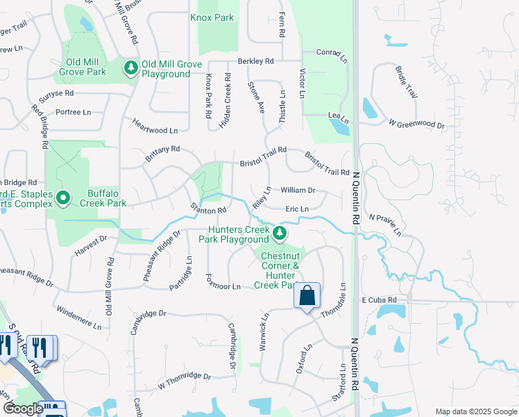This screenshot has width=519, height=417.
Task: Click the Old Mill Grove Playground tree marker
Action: [x=130, y=67]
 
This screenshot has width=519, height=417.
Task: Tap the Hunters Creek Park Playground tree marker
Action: [x=280, y=233]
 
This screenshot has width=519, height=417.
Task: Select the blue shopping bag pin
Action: [x=307, y=296]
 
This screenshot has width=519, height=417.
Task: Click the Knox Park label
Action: [x=212, y=17]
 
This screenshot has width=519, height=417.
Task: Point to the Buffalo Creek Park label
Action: [x=107, y=199]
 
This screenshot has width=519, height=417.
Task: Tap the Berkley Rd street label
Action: [x=255, y=61]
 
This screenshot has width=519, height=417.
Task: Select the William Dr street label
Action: [x=298, y=190]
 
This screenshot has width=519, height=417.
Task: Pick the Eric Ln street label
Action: [x=297, y=208]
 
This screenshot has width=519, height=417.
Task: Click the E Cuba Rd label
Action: [x=379, y=300]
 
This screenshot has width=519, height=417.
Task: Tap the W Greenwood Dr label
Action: [x=416, y=124]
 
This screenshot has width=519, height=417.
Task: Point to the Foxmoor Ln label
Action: [x=223, y=283]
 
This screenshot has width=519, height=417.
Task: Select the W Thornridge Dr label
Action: [x=184, y=381]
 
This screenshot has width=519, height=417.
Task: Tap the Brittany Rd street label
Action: [x=162, y=154]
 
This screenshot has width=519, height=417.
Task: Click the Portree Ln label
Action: [x=74, y=112]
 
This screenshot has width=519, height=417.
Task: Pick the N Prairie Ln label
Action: [x=385, y=224]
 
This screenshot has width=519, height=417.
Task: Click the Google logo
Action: [x=23, y=409]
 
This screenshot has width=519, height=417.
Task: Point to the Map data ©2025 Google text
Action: [x=475, y=411]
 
